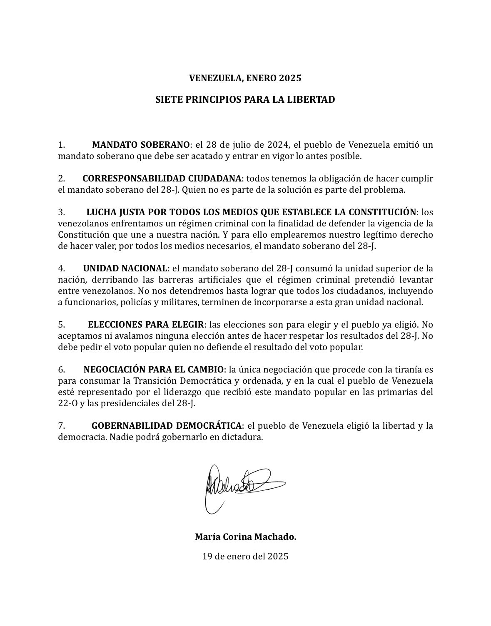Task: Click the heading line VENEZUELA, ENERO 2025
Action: pos(245,78)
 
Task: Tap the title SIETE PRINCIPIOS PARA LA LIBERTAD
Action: pos(245,100)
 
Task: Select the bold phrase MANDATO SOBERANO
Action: pos(141,145)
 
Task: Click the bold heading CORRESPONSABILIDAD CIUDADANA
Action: pos(162,179)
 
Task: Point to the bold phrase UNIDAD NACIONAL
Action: pos(125,268)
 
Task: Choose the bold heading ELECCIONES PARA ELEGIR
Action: pos(146,324)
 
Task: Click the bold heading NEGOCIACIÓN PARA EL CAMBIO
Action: pos(154,369)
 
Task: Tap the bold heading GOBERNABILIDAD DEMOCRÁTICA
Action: pos(167,426)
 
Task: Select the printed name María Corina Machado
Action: pos(245,537)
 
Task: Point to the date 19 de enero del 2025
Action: pos(245,556)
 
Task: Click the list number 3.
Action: pos(61,212)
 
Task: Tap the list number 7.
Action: pos(61,426)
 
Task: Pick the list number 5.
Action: pos(61,324)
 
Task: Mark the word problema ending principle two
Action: pos(386,190)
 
